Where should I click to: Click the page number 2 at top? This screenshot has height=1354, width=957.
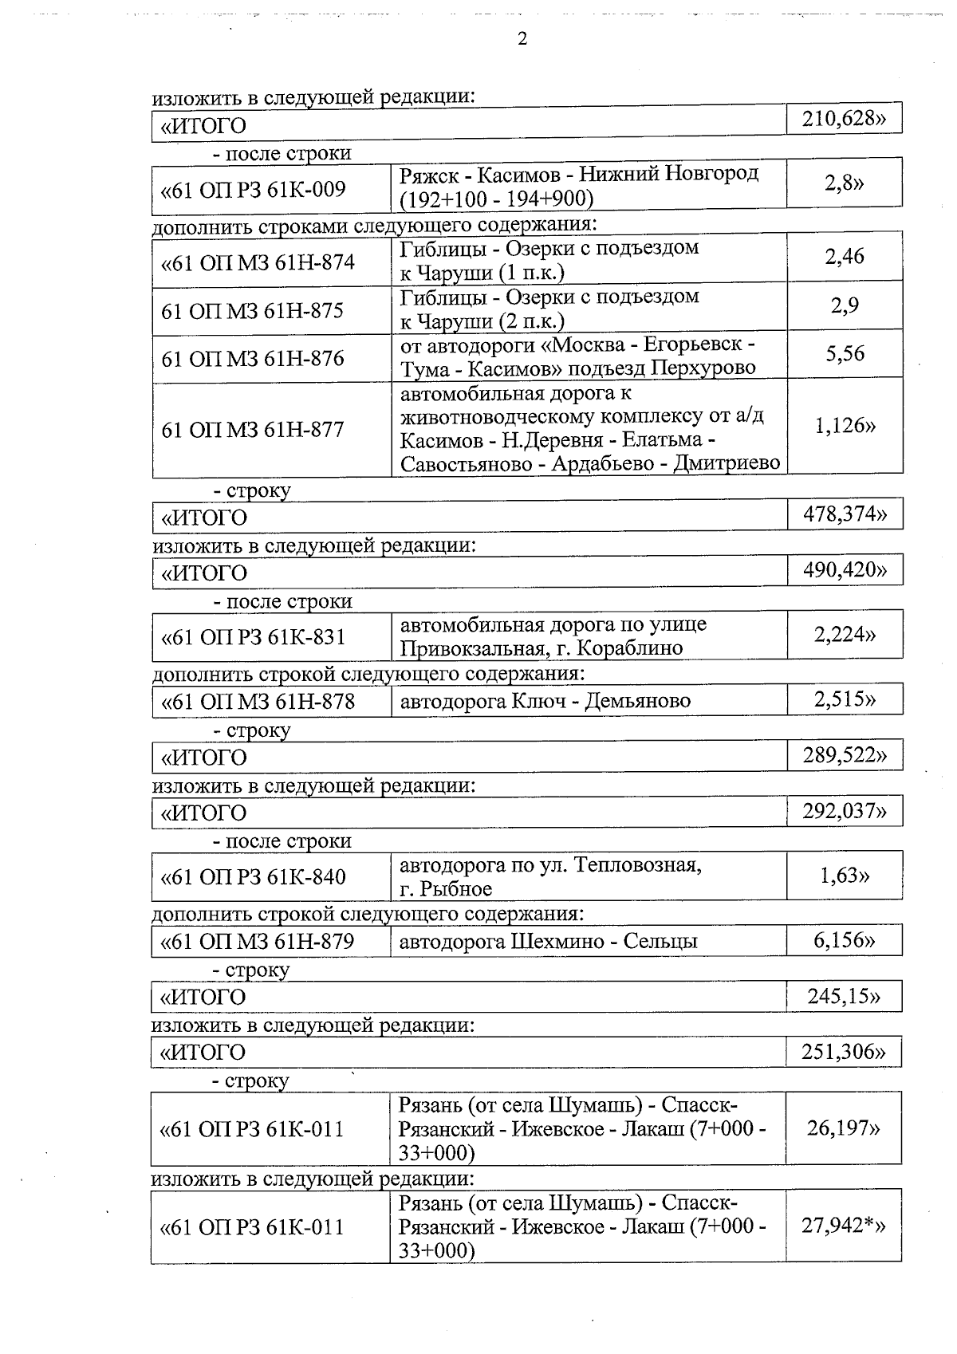tap(522, 39)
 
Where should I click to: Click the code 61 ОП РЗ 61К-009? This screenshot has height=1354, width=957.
tap(254, 189)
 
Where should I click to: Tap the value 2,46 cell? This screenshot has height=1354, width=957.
tap(845, 256)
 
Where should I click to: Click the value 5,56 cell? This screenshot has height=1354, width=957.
tap(845, 354)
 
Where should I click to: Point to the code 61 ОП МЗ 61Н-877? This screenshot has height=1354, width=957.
tap(253, 430)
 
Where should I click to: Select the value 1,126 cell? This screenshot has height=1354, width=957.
tap(845, 426)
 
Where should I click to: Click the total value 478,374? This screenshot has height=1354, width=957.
tap(845, 514)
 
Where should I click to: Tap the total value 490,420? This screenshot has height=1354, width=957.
tap(845, 570)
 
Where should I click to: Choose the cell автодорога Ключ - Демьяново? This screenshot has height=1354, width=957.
tap(545, 701)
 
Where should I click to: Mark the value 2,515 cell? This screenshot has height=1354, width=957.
tap(845, 699)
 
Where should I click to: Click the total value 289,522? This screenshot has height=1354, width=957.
tap(845, 754)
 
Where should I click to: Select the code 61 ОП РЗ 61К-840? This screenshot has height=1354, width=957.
tap(254, 877)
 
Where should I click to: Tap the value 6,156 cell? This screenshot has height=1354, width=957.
tap(845, 940)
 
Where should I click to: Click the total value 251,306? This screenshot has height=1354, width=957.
tap(844, 1052)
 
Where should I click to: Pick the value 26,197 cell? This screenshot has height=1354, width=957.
tap(844, 1128)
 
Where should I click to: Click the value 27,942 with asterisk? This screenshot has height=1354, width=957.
tap(844, 1226)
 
